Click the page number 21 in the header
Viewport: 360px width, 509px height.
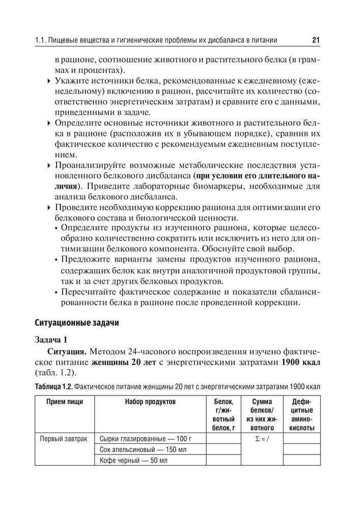coord(315,40)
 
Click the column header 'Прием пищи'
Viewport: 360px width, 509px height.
coord(65,402)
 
